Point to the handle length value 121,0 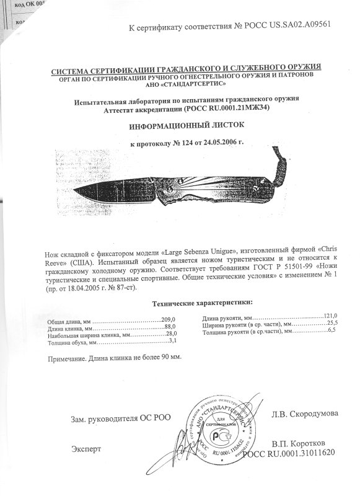pos(333,316)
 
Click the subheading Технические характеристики pos(201,302)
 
